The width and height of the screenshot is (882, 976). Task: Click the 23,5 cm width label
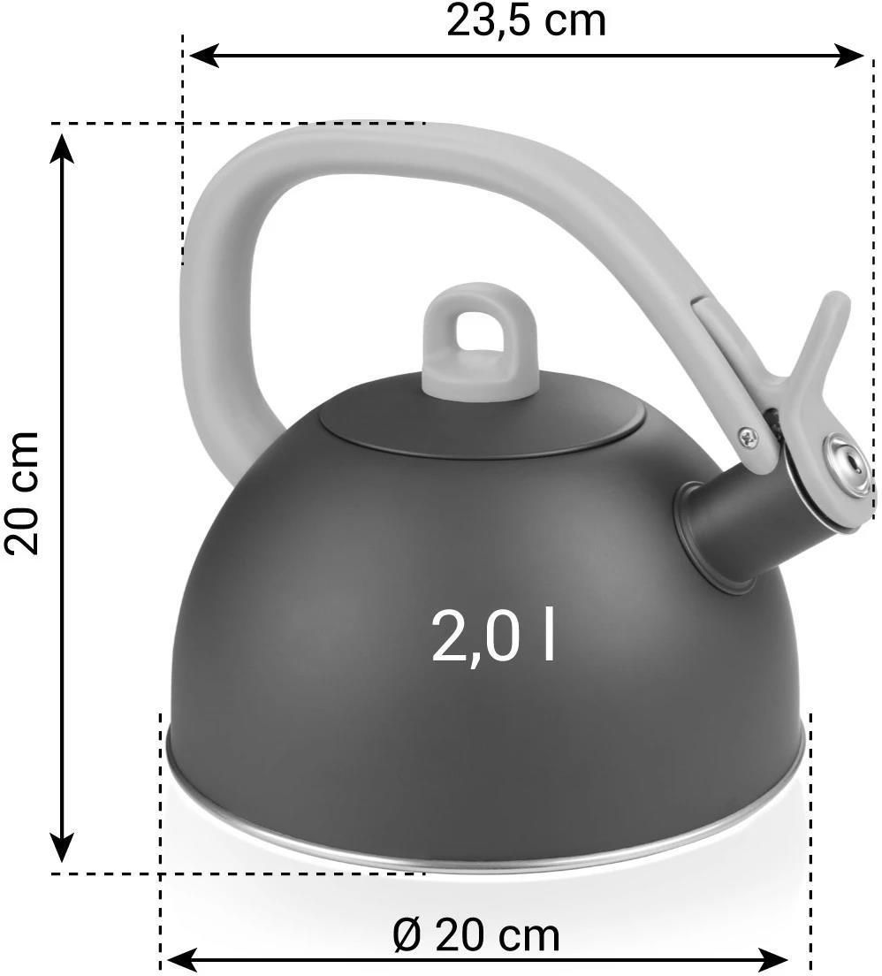[526, 22]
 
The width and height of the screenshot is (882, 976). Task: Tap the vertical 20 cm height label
[22, 492]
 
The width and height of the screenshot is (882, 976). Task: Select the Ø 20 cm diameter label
[476, 935]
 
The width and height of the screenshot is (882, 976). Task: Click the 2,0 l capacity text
[493, 635]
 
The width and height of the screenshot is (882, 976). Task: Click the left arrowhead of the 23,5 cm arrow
[202, 56]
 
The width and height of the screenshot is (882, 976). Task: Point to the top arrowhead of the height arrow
[61, 149]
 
